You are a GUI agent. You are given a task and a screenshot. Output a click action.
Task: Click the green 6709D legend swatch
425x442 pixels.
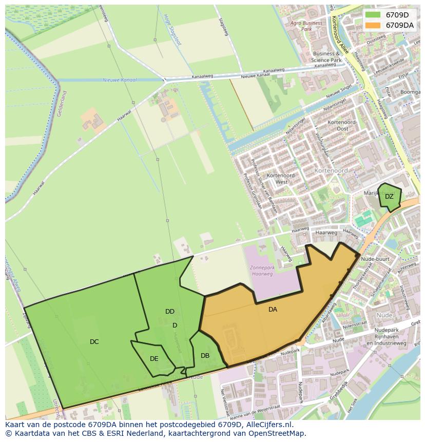pos(373,15)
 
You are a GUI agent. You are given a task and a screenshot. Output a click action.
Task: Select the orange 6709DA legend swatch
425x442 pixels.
pos(373,25)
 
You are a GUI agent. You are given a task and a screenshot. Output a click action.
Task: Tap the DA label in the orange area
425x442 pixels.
pos(273,310)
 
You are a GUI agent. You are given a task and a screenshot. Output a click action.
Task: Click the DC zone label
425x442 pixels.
pos(94,342)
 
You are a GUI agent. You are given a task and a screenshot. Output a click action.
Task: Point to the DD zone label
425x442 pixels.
pos(170,312)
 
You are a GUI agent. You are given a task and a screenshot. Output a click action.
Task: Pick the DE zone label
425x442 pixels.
pos(154,359)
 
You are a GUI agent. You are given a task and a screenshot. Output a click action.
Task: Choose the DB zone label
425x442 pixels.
pos(205,356)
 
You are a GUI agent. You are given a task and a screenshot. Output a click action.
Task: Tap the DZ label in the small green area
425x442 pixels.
pos(389,197)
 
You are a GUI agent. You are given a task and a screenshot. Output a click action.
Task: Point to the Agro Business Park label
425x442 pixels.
pos(306,26)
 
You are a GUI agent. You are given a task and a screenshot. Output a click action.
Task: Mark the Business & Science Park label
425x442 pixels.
pos(326,57)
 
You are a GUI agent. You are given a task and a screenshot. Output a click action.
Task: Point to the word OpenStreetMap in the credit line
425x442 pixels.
pos(280,433)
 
